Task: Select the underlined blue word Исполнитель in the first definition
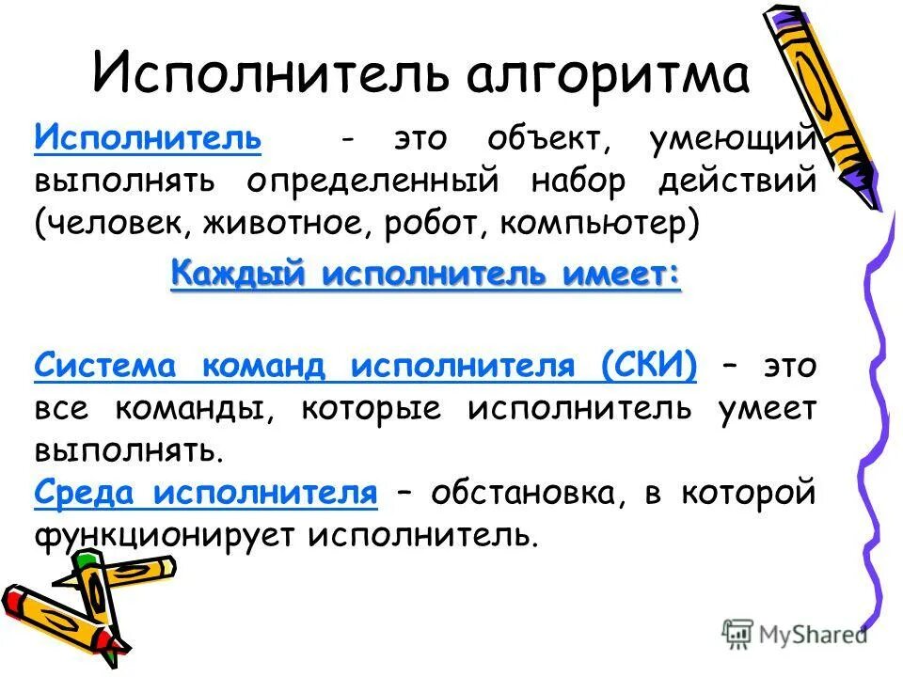148,139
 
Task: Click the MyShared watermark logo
794,634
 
